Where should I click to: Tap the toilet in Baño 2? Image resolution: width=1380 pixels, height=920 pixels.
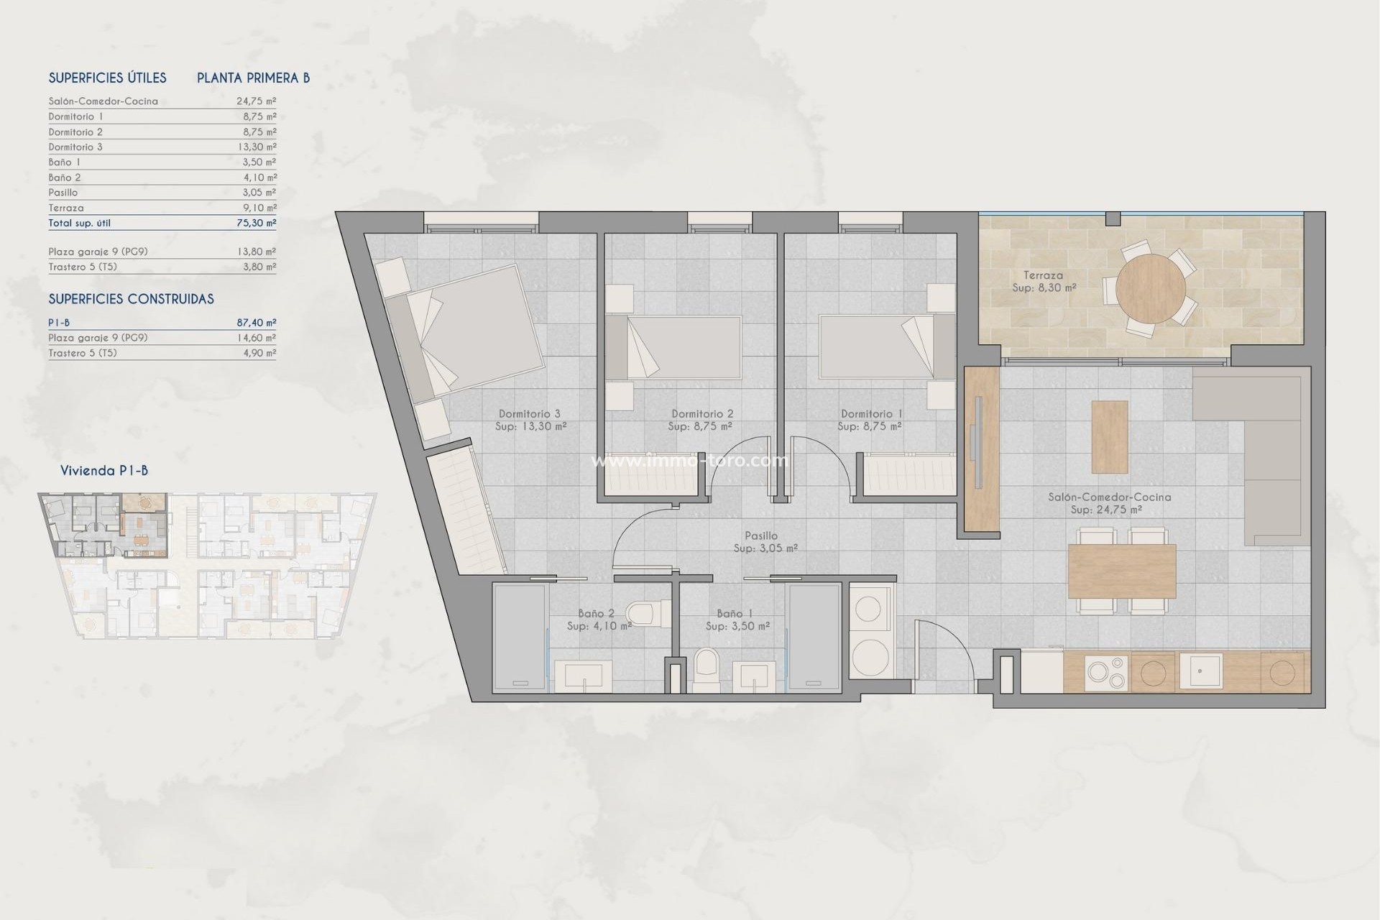click(x=641, y=614)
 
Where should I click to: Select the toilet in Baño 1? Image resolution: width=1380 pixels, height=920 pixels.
click(x=707, y=670)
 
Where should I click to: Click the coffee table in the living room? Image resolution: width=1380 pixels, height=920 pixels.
click(x=1109, y=436)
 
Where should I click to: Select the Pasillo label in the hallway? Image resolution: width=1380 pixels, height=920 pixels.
click(x=761, y=535)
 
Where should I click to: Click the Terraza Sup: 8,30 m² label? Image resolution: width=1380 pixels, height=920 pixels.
click(x=1044, y=281)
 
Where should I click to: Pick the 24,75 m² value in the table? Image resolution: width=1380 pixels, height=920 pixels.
click(x=256, y=101)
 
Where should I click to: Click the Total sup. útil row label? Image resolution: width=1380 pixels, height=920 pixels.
click(x=79, y=223)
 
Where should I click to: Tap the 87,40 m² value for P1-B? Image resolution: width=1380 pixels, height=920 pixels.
click(x=256, y=323)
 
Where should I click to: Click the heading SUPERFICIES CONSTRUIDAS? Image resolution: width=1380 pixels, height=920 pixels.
click(x=131, y=299)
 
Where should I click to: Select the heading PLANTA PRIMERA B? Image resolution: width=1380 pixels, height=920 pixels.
click(x=253, y=78)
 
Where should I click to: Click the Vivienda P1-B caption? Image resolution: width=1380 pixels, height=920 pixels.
click(x=104, y=471)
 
